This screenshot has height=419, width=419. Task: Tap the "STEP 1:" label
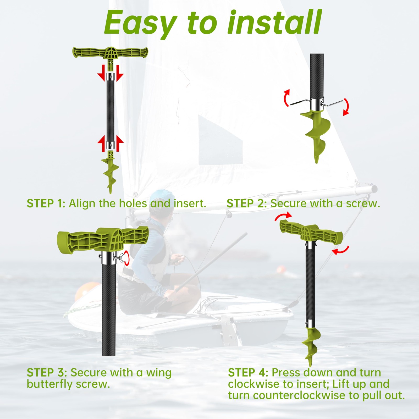click(46, 203)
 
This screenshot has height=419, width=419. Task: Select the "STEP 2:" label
click(246, 203)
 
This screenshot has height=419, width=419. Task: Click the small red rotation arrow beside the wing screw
click(127, 258)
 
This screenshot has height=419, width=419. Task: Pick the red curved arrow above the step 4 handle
click(283, 216)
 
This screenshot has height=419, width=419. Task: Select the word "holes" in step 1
click(133, 203)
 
